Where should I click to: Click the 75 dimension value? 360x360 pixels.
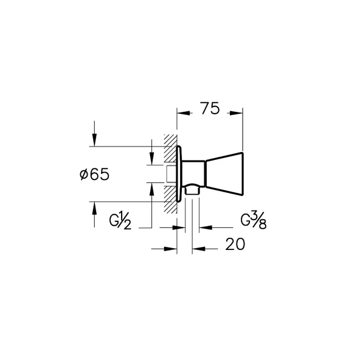[209, 109]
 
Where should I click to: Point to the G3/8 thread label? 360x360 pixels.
[255, 220]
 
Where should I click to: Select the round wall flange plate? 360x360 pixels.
[179, 174]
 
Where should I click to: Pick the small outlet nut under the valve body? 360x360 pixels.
[193, 191]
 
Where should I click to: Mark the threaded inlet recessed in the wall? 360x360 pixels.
[171, 174]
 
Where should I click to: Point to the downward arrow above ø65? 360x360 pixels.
[94, 140]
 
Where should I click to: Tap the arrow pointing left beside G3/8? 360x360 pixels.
[205, 228]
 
